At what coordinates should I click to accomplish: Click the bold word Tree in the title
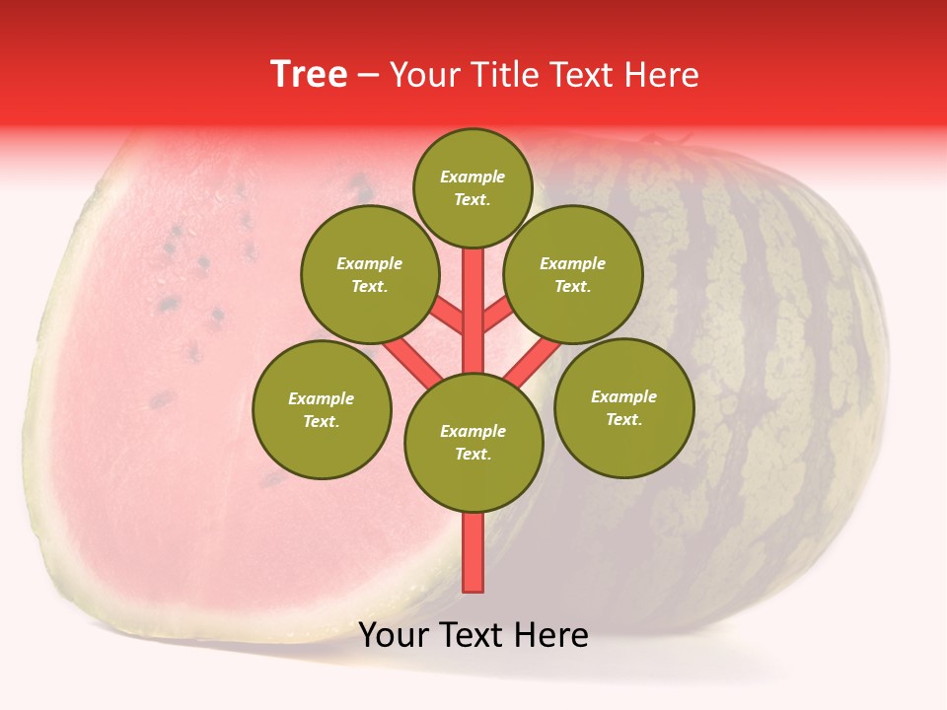pos(309,74)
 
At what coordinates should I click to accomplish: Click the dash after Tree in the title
pos(368,76)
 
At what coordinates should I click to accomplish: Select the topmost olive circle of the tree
pos(473,188)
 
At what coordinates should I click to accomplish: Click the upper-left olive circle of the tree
pos(369,274)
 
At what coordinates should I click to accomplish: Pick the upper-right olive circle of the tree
pos(572,274)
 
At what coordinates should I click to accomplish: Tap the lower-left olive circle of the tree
pos(322,409)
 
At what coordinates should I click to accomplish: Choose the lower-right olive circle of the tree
pos(623,407)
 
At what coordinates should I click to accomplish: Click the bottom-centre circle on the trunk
pos(473,443)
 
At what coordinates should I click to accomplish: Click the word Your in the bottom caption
pos(394,635)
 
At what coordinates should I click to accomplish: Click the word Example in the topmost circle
pos(473,177)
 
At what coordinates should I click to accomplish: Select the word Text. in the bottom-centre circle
pos(473,455)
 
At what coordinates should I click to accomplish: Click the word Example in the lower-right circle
pos(623,396)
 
